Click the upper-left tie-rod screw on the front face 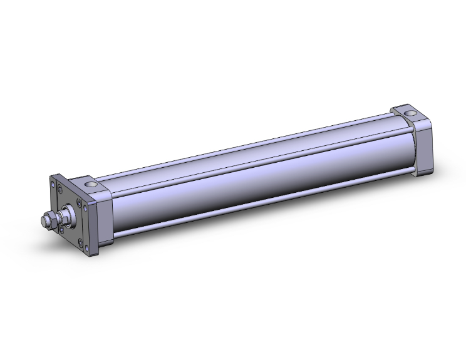pos(60,189)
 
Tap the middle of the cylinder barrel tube pos(251,175)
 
